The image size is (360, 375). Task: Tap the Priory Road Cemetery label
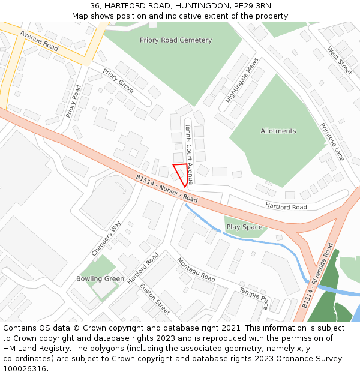[x=176, y=40]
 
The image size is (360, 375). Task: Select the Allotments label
[x=278, y=131]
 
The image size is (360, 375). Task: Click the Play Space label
[x=244, y=227]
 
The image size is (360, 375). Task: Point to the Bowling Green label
[x=100, y=278]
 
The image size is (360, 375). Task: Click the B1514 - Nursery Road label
[x=167, y=188]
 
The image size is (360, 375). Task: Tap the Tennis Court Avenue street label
[x=188, y=154]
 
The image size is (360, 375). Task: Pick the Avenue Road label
[x=39, y=40]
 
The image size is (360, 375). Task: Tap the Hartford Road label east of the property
[x=286, y=207]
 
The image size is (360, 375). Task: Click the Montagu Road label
[x=196, y=270]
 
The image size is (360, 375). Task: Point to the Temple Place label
[x=254, y=298]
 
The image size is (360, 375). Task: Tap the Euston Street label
[x=155, y=298]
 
